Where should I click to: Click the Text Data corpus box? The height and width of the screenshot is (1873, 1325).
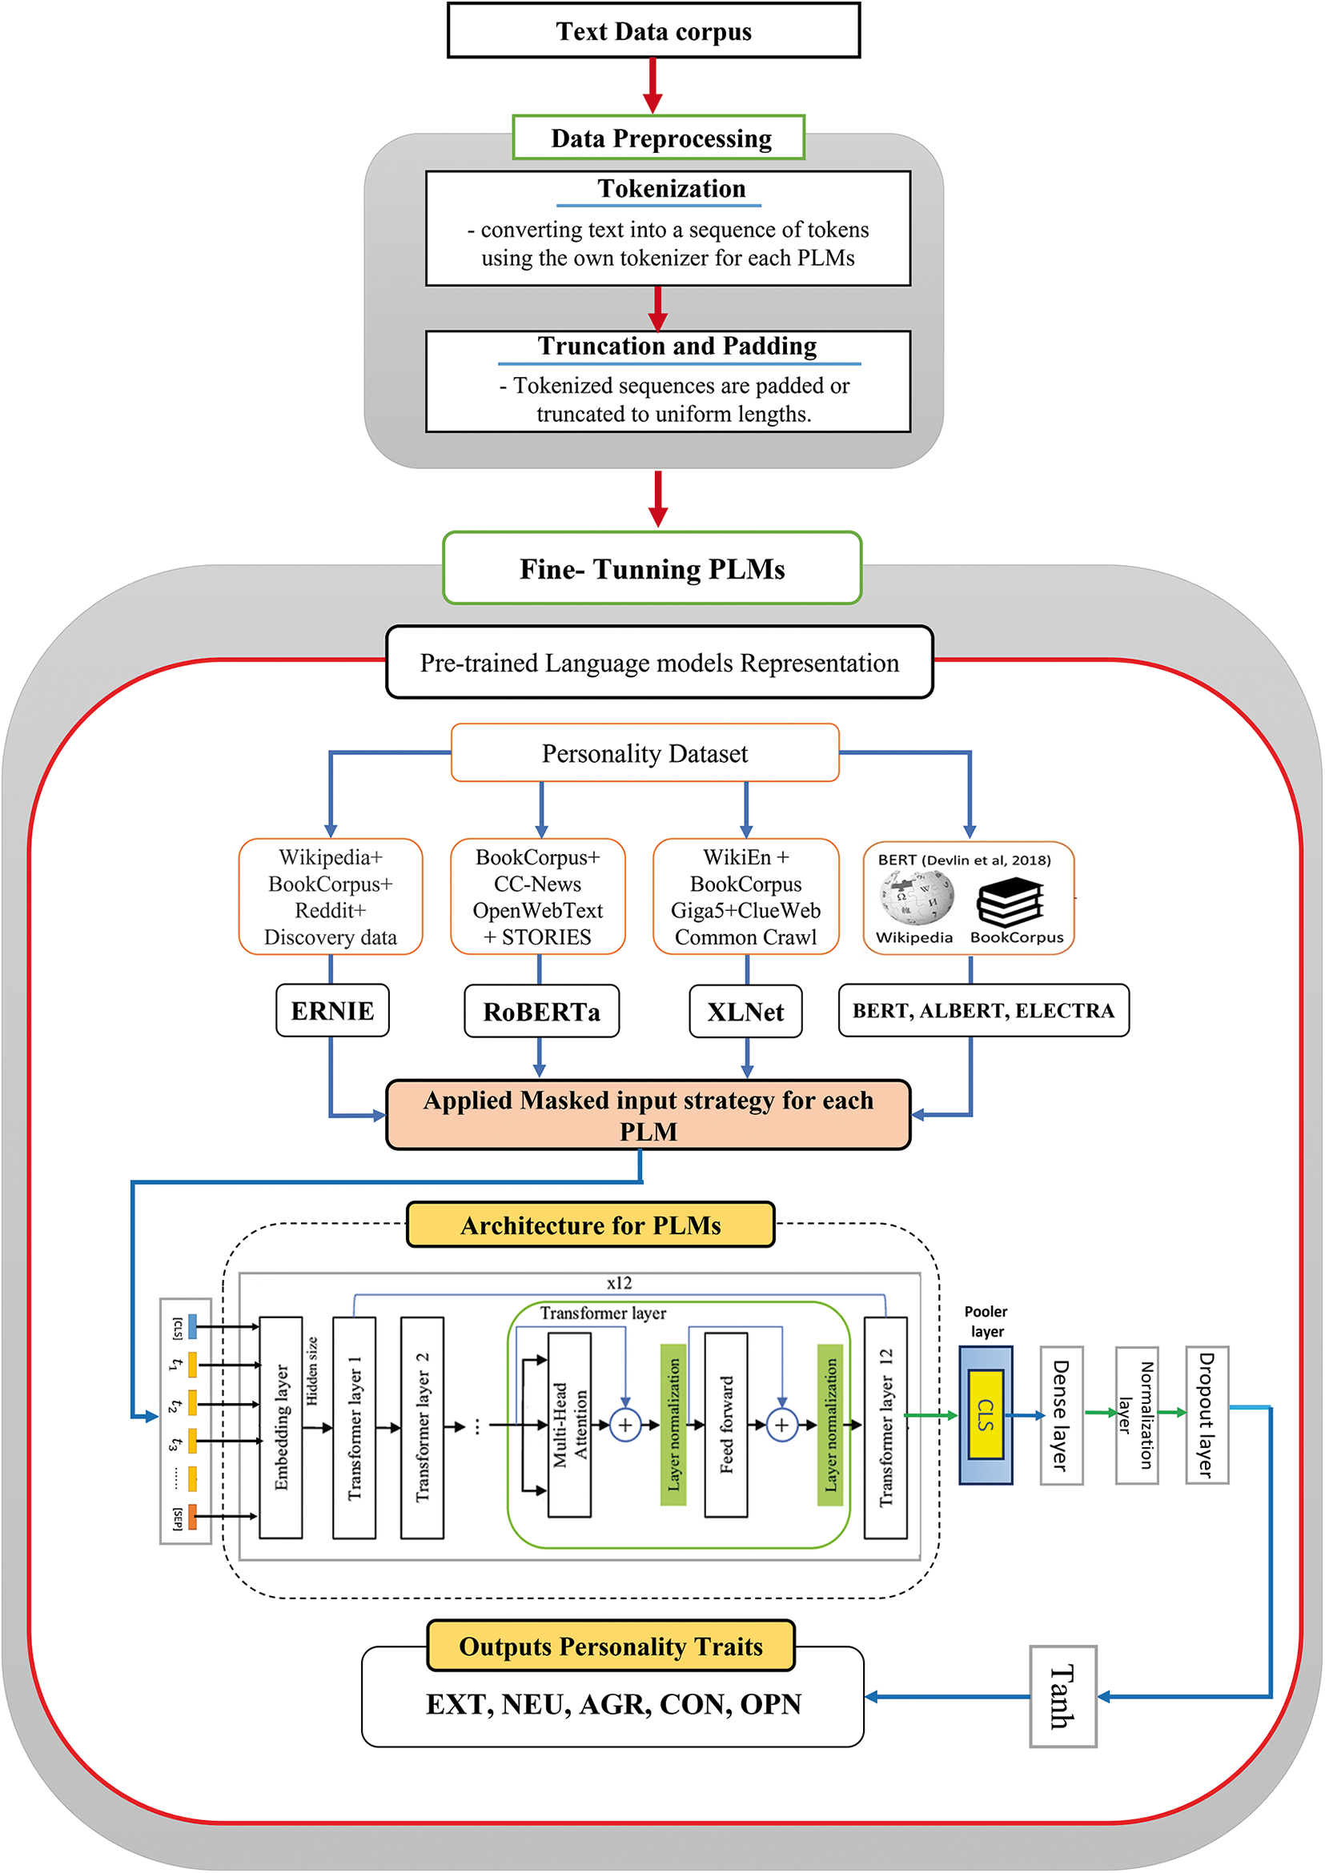click(x=653, y=31)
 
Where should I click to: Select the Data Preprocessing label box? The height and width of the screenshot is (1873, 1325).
click(x=658, y=138)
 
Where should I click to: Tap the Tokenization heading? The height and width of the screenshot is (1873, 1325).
click(x=671, y=189)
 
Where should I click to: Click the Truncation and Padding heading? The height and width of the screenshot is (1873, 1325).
click(x=677, y=346)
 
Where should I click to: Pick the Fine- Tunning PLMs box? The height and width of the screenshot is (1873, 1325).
click(x=652, y=568)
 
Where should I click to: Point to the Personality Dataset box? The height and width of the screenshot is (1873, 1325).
click(x=644, y=753)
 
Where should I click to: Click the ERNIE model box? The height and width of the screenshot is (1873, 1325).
click(x=332, y=1011)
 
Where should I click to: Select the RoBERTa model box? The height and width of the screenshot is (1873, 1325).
click(x=541, y=1012)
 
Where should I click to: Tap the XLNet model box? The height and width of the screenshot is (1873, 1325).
click(x=745, y=1012)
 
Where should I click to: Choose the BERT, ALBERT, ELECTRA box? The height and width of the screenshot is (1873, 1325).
click(x=983, y=1011)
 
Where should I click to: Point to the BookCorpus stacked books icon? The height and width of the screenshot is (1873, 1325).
click(x=1011, y=901)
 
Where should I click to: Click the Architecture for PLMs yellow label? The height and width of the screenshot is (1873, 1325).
click(x=590, y=1225)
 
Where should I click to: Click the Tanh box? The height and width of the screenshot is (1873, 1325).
click(x=1062, y=1696)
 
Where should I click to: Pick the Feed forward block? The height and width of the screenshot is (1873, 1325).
click(x=725, y=1424)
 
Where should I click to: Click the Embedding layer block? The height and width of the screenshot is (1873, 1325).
click(x=281, y=1427)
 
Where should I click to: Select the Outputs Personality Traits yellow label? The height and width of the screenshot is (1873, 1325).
click(x=610, y=1646)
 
